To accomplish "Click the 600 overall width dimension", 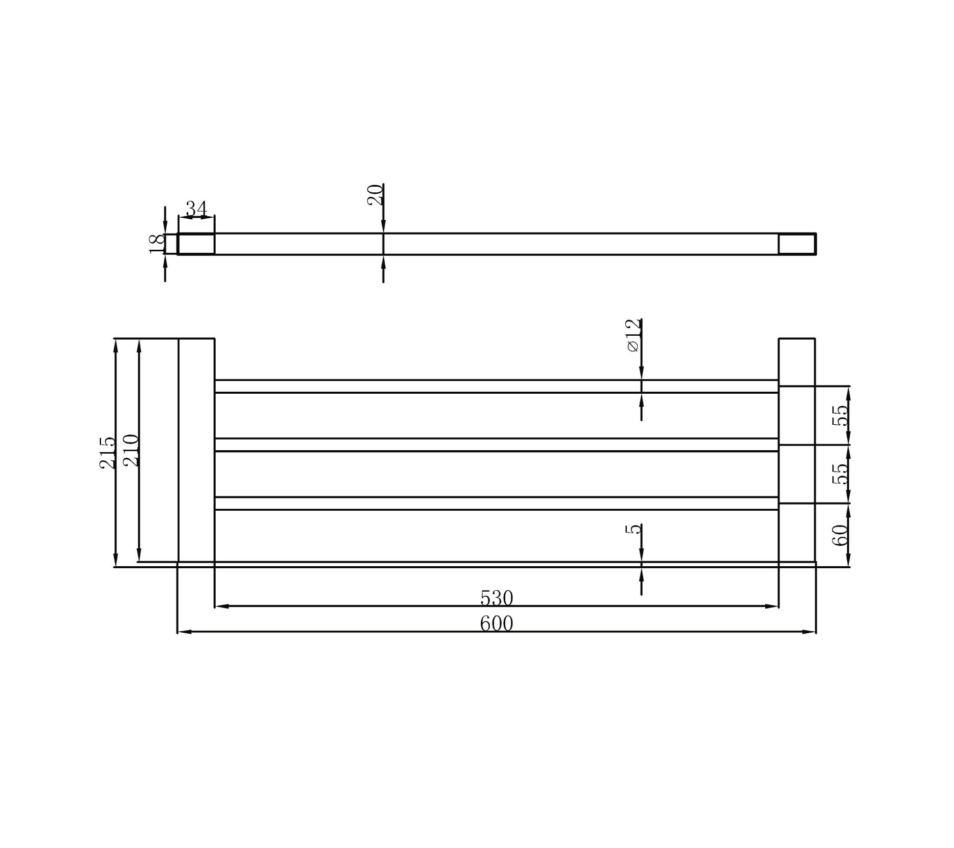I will click(x=496, y=624).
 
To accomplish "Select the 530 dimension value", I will click(x=496, y=598).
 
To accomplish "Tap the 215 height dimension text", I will click(x=107, y=452).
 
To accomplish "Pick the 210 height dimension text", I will click(x=131, y=450).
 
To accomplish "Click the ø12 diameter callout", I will click(x=633, y=335).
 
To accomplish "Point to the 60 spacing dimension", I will click(x=840, y=535).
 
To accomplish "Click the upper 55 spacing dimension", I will click(x=840, y=415).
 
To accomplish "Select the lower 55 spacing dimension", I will click(x=840, y=474).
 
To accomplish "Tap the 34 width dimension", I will click(x=196, y=208).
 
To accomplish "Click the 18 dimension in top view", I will click(x=157, y=244).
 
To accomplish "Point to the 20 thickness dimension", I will click(x=375, y=195).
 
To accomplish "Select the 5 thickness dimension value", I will click(x=633, y=529).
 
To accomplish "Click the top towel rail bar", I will click(x=496, y=386).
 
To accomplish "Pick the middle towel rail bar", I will click(x=496, y=445).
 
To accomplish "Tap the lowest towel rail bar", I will click(x=496, y=503).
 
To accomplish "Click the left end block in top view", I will click(x=196, y=244).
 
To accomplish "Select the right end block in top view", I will click(x=797, y=244).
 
